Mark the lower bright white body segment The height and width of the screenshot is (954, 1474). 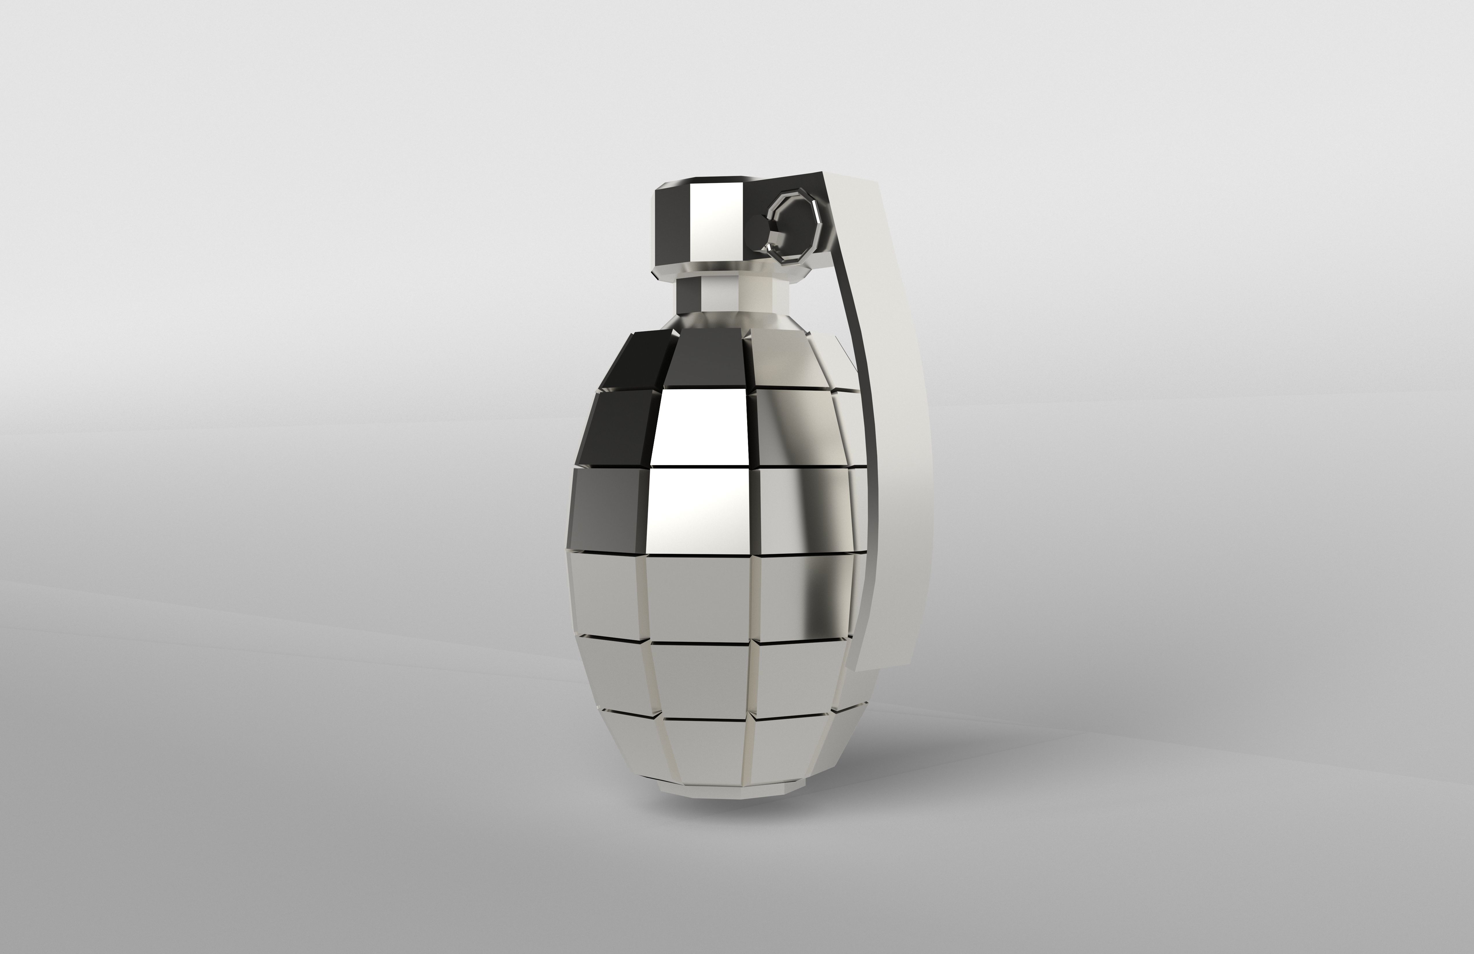click(700, 508)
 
